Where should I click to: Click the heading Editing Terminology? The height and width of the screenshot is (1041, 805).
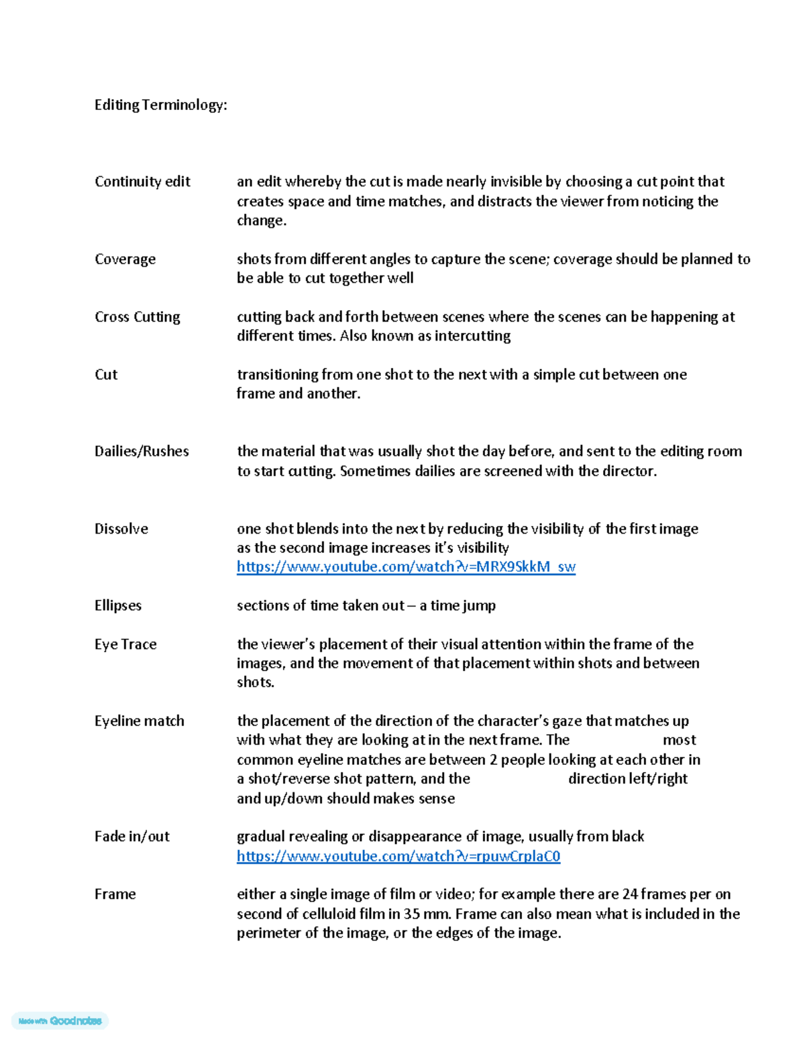point(160,105)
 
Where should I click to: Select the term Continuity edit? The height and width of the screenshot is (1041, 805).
point(142,182)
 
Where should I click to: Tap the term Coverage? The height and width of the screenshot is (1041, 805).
point(125,259)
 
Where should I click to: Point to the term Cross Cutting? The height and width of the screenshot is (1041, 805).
point(138,317)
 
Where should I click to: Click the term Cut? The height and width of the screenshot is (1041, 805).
point(106,375)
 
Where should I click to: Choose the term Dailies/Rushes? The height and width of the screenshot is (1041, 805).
point(142,451)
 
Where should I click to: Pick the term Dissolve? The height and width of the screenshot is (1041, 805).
point(121,529)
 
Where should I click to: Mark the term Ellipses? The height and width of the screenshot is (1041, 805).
point(118,605)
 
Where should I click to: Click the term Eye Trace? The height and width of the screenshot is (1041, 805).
point(125,644)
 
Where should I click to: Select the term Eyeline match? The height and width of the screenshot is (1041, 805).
point(140,721)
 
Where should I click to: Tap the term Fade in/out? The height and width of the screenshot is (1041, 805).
point(132,837)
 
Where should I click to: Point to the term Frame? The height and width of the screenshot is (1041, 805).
point(115,894)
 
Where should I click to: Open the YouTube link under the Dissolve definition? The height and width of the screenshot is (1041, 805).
point(406,567)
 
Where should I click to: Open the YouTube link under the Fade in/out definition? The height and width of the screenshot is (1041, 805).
point(398,857)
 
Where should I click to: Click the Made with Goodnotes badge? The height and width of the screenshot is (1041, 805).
point(60,1021)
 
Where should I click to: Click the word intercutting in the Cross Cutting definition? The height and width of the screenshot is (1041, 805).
point(472,336)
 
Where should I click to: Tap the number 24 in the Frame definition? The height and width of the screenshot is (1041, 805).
point(630,894)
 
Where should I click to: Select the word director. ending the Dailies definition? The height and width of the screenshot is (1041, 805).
point(629,471)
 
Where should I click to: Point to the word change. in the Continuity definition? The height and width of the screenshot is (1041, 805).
point(262,221)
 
